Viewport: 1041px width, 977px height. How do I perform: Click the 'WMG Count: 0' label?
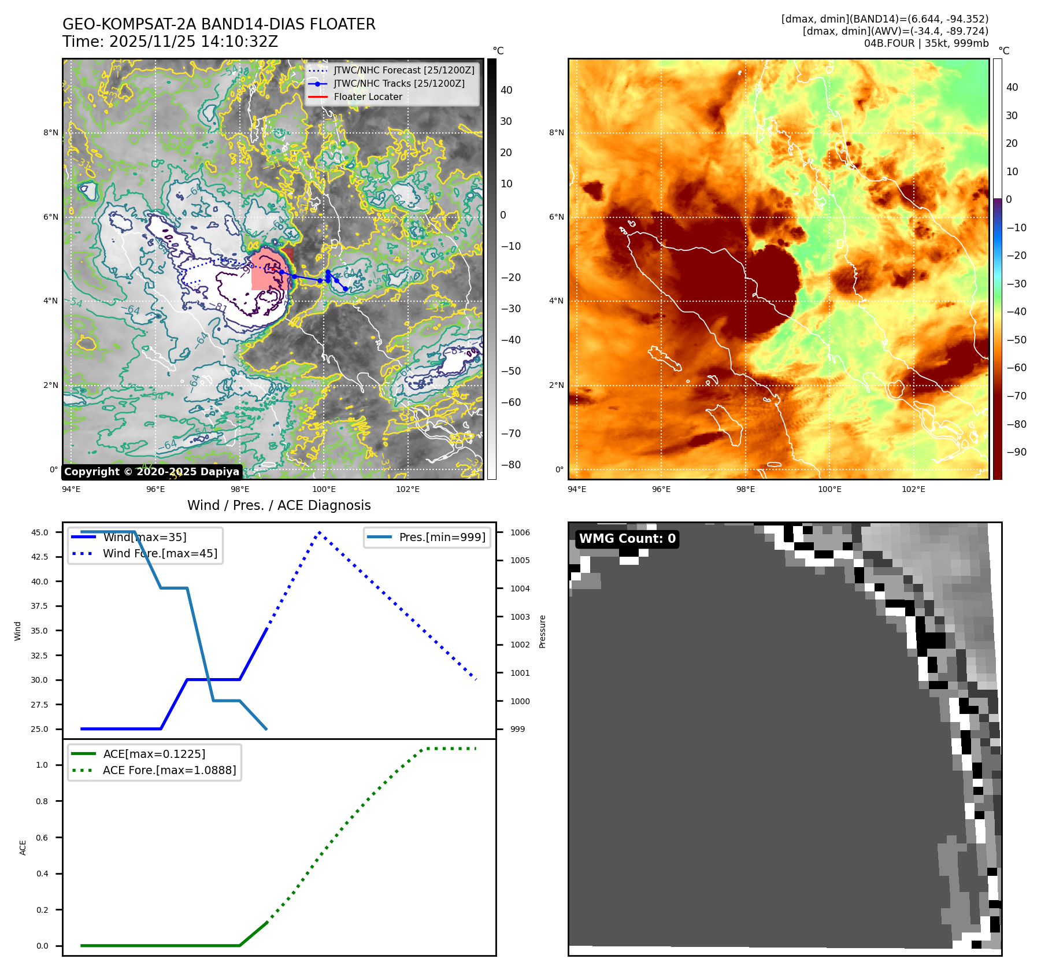coord(627,539)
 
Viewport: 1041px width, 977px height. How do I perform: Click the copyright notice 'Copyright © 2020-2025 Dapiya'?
coord(151,472)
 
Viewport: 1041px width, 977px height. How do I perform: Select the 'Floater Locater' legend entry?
coord(368,97)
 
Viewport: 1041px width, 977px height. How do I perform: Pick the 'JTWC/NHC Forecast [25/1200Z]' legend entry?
coord(403,70)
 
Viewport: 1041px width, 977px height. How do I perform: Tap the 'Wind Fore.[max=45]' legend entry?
coord(160,553)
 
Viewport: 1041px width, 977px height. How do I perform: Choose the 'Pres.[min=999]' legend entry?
coord(442,537)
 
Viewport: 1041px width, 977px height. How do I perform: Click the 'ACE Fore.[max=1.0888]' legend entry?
coord(169,770)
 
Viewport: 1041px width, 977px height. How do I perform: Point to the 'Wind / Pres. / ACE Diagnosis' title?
coord(279,505)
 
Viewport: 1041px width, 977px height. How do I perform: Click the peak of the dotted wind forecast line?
coord(319,532)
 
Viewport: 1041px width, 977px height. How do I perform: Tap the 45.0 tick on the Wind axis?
coord(40,532)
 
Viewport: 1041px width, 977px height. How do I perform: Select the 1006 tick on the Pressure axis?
coord(520,532)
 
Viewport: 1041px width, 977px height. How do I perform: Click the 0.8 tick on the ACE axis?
coord(42,801)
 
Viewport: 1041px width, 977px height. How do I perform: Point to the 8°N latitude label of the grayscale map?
coord(51,132)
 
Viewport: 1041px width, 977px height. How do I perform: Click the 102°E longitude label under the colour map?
coord(913,489)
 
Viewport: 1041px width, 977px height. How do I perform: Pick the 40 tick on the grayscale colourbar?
coord(506,90)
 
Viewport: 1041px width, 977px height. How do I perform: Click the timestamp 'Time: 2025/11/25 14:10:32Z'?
coord(170,42)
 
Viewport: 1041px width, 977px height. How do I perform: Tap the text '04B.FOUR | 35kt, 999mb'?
coord(926,43)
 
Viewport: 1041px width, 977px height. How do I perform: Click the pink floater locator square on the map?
coord(271,269)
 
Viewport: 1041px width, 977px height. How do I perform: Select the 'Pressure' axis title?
coord(542,631)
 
